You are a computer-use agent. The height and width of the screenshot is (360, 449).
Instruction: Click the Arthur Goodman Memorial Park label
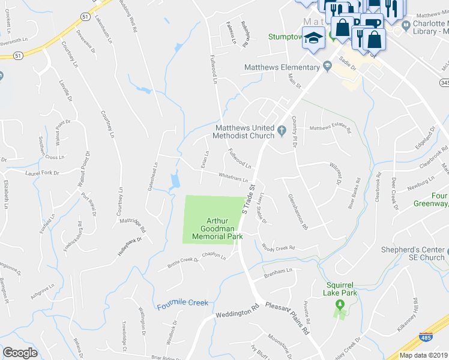point(217,229)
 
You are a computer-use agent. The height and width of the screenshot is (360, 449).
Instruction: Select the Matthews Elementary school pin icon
point(327,68)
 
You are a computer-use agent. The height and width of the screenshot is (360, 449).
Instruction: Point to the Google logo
point(20,353)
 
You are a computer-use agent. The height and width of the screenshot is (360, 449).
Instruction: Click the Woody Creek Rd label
point(278,247)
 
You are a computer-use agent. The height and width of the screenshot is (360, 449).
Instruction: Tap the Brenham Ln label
point(279,272)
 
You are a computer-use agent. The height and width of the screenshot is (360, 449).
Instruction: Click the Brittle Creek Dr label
point(178,263)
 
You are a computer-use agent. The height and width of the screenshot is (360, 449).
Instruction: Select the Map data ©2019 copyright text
point(423,355)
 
